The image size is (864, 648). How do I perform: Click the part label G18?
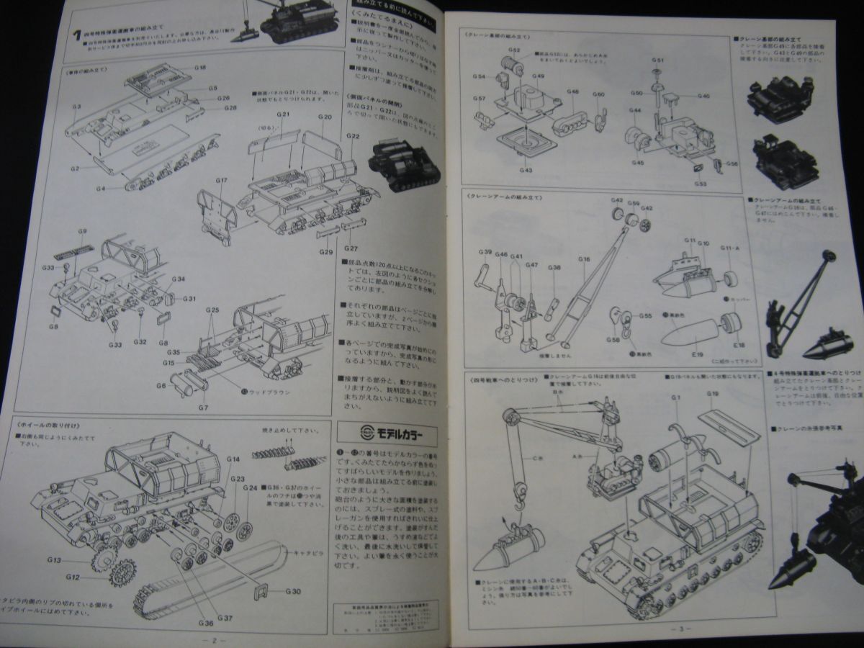(199, 67)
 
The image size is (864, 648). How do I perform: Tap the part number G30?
(292, 592)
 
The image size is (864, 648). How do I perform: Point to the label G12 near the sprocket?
(72, 577)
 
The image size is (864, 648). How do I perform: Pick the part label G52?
(515, 50)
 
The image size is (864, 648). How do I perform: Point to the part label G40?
(703, 96)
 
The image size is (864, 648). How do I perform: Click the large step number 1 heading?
(76, 33)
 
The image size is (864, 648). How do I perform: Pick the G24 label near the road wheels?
(250, 487)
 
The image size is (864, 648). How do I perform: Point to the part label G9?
(83, 231)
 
